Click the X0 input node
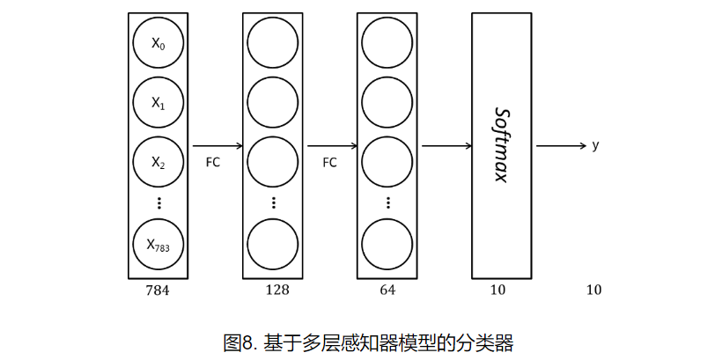158,44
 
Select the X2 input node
158,163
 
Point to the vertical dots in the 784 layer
158,202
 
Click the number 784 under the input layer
158,290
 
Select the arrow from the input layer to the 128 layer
216,146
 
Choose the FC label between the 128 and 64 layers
329,163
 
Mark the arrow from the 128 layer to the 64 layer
331,146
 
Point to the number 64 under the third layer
388,290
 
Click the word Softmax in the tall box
502,145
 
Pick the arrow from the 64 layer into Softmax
446,146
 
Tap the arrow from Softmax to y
560,146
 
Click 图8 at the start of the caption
237,341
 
